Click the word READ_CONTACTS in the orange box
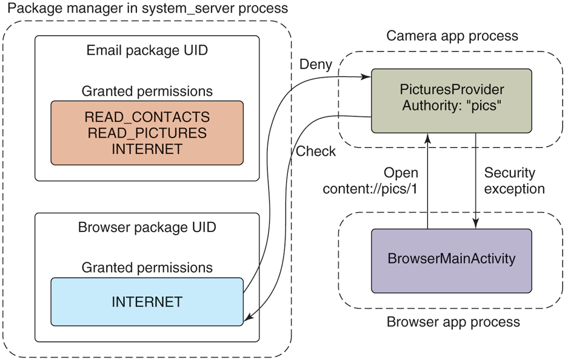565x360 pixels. tap(147, 116)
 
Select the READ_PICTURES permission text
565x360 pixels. tap(147, 133)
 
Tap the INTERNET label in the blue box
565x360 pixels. tap(147, 301)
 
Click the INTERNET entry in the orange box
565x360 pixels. tap(147, 148)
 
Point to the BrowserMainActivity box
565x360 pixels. tap(451, 259)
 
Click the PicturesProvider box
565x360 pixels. tap(451, 100)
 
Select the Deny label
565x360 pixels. tap(316, 64)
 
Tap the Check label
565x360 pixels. tap(315, 151)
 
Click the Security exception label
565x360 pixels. tap(514, 180)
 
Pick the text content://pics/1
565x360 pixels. tap(370, 188)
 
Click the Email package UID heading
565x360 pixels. tap(147, 50)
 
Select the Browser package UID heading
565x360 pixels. tap(147, 228)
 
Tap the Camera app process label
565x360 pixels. tap(452, 36)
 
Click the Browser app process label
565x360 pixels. tap(453, 321)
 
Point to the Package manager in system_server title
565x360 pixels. tap(145, 9)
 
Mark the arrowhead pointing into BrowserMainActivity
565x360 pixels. tap(475, 225)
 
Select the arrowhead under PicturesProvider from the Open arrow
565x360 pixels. tap(428, 136)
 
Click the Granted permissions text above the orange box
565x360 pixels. tap(147, 91)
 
